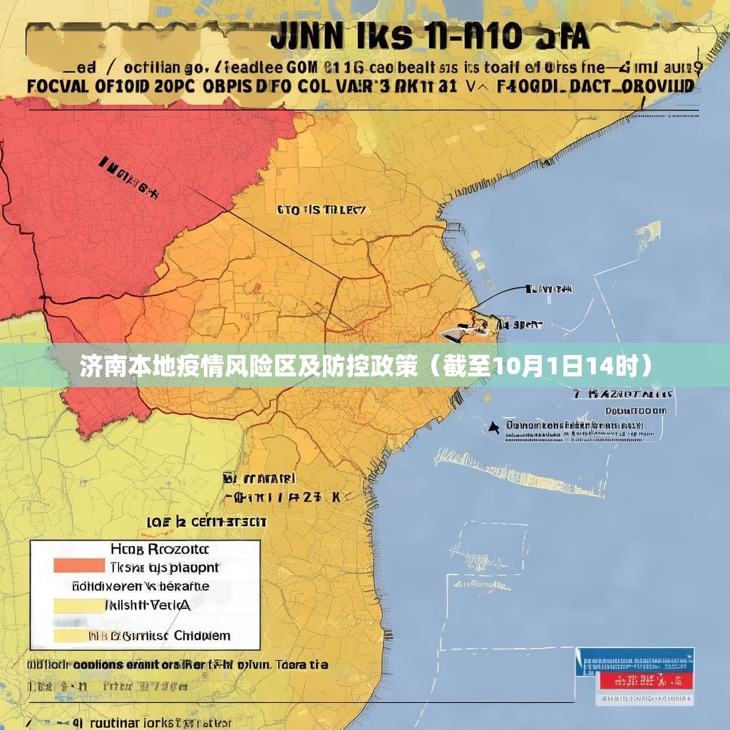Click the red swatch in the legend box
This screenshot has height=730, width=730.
[x=78, y=565]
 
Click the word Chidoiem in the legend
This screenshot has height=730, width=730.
[x=202, y=635]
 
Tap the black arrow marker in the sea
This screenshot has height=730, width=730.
[x=493, y=427]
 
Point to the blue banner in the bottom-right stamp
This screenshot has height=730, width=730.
[x=635, y=660]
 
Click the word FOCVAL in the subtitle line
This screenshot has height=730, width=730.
[x=57, y=86]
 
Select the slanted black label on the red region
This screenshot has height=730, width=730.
[x=128, y=176]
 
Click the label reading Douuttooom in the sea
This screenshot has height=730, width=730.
[x=636, y=411]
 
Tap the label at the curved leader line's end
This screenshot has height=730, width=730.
[x=548, y=289]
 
